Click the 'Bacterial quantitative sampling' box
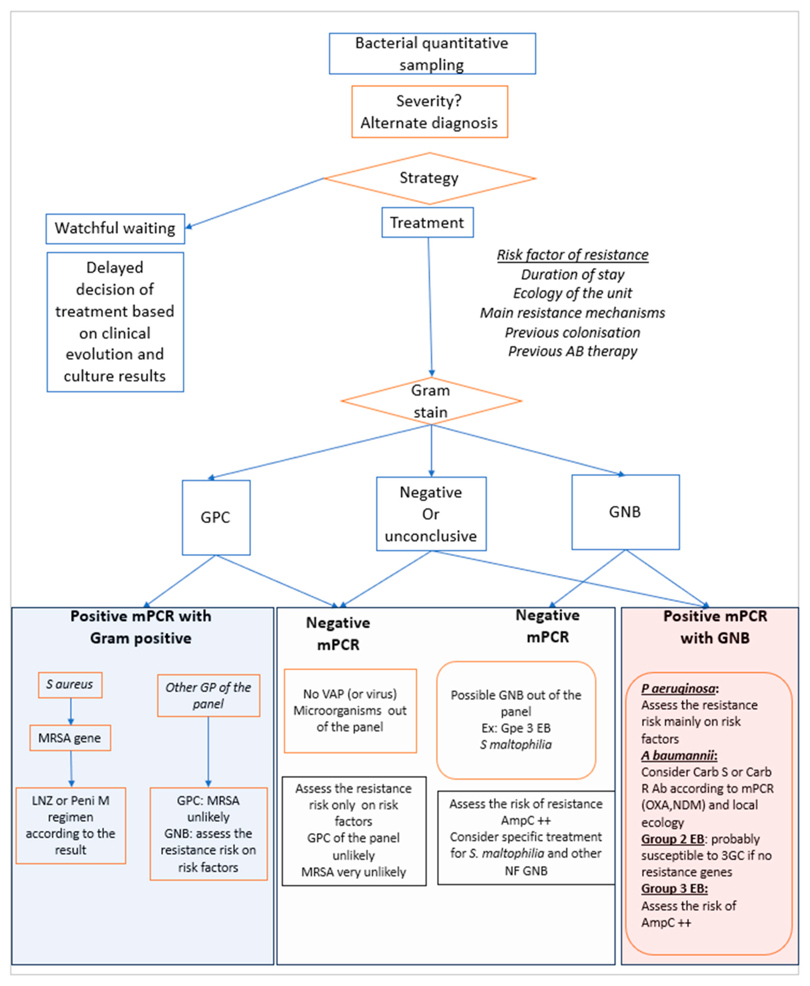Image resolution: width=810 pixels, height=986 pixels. (432, 54)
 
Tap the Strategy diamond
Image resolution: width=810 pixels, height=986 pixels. (429, 178)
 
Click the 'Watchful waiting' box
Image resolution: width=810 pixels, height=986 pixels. (115, 229)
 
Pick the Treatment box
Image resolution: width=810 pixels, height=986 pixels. (427, 222)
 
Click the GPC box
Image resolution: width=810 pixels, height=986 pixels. (216, 517)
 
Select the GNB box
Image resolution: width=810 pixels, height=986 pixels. (625, 512)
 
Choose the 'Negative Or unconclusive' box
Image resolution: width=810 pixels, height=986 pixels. (431, 514)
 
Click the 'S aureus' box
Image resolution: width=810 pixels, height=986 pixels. (70, 685)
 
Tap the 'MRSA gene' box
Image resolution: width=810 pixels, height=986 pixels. (70, 738)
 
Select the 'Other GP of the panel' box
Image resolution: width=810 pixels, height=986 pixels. (209, 695)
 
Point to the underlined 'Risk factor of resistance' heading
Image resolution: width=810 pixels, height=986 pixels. (573, 255)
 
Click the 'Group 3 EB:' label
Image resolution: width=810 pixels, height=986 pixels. (674, 888)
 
